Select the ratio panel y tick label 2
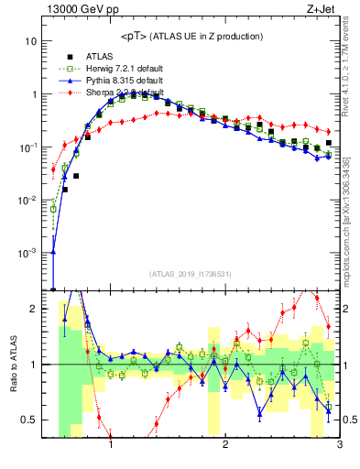(33, 309)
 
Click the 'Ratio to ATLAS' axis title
(13, 364)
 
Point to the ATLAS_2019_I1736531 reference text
(190, 273)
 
